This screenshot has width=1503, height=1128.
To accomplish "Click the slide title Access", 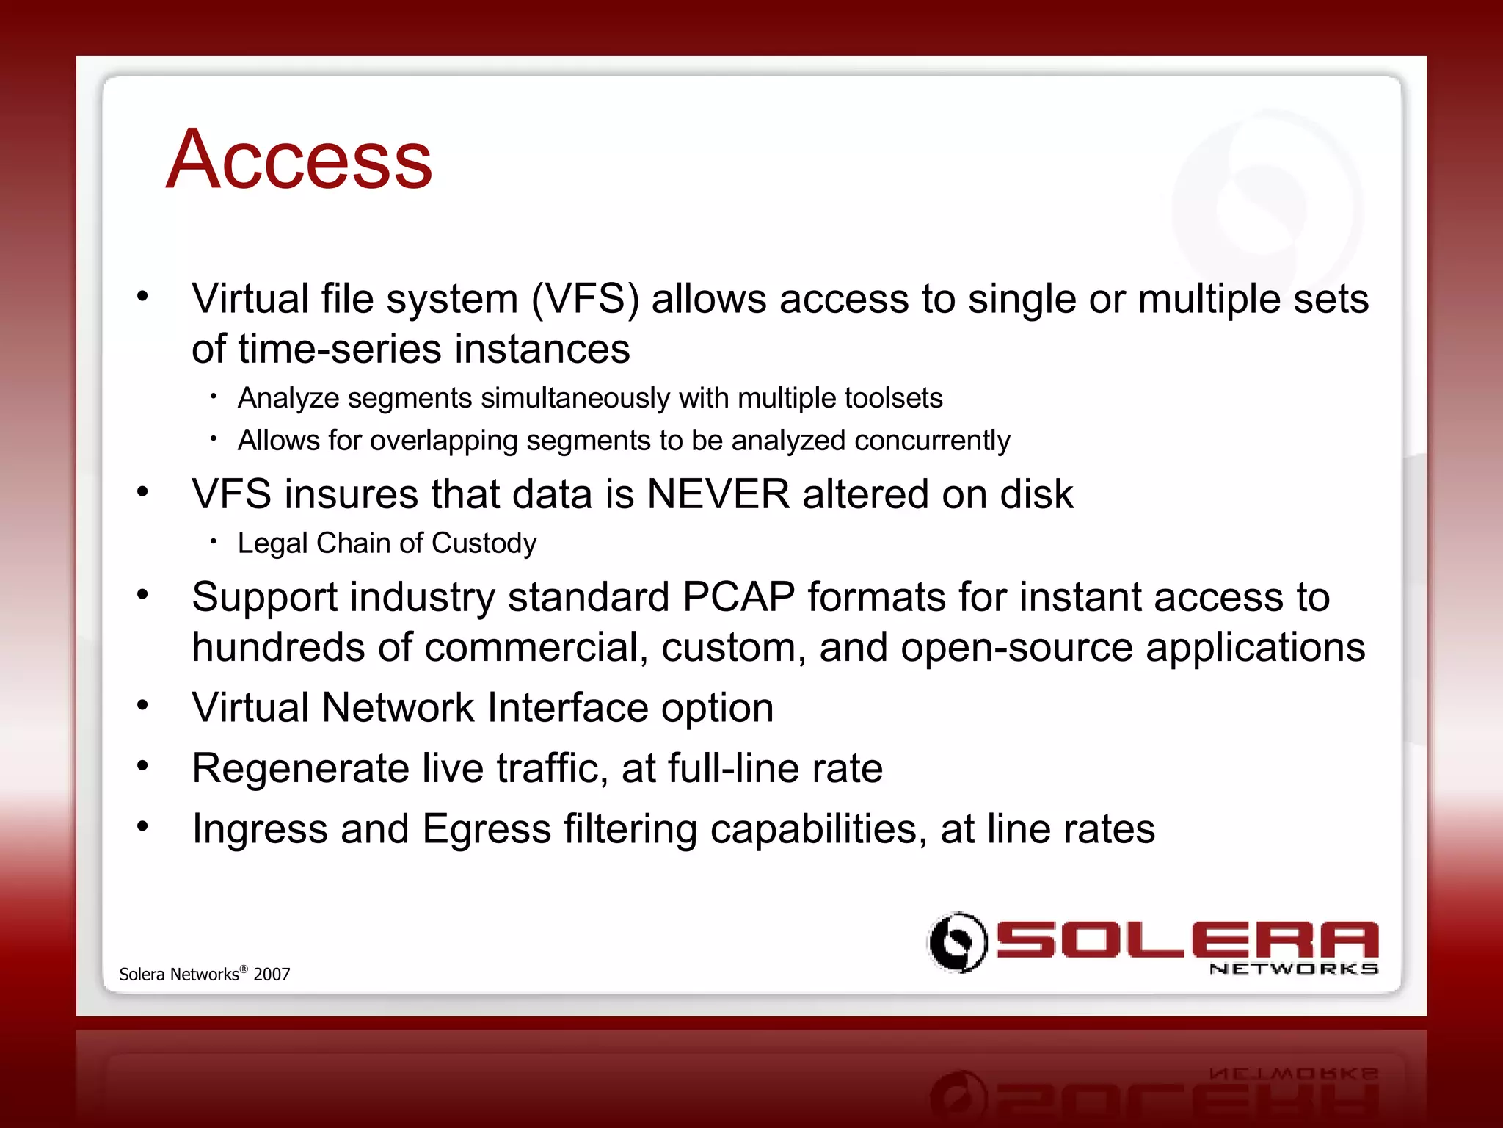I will [299, 159].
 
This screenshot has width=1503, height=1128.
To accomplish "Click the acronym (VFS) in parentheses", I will [585, 300].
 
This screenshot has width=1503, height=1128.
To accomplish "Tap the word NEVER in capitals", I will [718, 493].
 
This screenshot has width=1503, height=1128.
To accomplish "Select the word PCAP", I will [738, 596].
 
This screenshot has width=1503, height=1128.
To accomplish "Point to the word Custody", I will [484, 543].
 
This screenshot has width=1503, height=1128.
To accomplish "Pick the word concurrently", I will [932, 441].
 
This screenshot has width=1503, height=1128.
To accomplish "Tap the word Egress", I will [487, 829].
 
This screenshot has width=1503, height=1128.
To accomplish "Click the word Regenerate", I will [300, 769].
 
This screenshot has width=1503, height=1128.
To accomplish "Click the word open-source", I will [1016, 648].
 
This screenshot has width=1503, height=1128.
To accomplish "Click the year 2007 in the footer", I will [272, 975].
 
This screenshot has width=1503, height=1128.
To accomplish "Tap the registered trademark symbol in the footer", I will [244, 969].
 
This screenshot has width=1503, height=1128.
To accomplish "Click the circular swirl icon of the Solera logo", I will [957, 941].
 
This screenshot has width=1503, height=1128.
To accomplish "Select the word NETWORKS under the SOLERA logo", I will [1293, 969].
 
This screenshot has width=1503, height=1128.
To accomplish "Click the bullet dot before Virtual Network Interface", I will [142, 706].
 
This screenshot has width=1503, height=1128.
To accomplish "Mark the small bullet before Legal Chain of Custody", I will [214, 542].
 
